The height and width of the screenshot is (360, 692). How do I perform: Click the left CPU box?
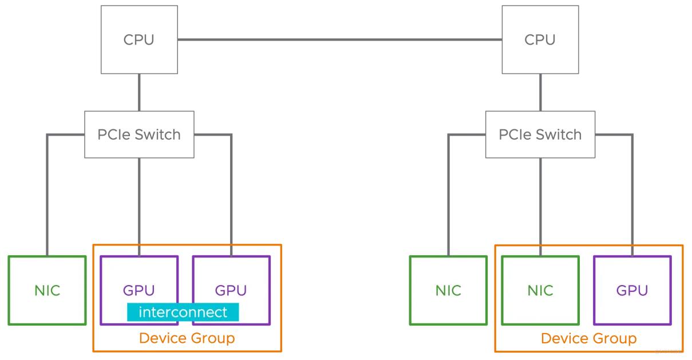click(139, 39)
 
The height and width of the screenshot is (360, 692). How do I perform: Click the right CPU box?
click(540, 39)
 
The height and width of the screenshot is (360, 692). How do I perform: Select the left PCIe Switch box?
click(139, 134)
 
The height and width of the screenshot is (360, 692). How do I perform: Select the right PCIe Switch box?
click(540, 134)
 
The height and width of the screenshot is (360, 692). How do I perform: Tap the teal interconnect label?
click(183, 312)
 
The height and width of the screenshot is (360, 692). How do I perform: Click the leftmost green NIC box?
click(48, 291)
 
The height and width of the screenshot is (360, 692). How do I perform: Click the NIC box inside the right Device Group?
click(540, 291)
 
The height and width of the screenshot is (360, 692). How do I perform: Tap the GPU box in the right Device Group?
click(632, 291)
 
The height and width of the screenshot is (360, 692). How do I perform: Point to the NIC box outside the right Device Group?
click(448, 291)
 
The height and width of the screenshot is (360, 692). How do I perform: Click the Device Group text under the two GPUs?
click(187, 338)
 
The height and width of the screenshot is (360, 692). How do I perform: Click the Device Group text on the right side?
click(589, 339)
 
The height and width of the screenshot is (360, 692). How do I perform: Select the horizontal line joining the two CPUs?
click(340, 39)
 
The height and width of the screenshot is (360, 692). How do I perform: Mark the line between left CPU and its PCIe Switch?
click(139, 92)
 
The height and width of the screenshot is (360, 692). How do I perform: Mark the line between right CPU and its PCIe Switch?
click(540, 92)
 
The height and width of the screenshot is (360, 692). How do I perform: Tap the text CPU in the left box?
click(139, 40)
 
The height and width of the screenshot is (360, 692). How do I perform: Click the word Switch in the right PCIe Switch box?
click(559, 134)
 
